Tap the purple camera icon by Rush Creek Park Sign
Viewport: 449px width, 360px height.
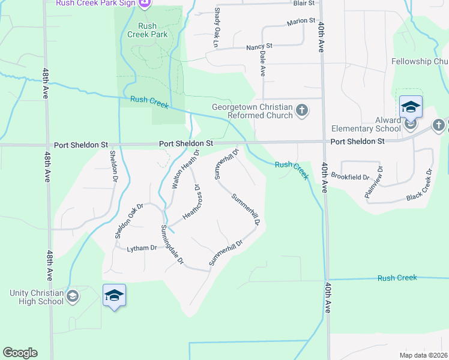[x=144, y=4]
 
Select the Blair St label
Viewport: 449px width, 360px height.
[x=304, y=3]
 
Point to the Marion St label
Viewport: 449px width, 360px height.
[x=301, y=21]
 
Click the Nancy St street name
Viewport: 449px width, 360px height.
[x=259, y=46]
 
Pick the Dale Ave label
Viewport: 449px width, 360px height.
[x=262, y=62]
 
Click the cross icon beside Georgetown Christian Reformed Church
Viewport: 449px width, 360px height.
[x=302, y=110]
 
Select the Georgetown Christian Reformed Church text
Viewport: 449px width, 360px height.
[x=252, y=112]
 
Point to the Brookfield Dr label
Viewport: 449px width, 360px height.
[x=351, y=178]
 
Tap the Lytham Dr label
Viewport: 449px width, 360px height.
[x=141, y=248]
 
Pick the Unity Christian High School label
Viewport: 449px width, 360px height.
[x=36, y=297]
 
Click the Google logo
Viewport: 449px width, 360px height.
[x=20, y=353]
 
